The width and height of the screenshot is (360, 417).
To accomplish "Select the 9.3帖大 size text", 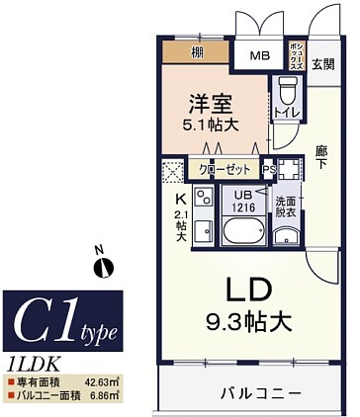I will click(246, 321).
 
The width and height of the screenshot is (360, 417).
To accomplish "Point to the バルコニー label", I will click(259, 393).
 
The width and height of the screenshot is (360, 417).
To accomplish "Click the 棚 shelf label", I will click(197, 51).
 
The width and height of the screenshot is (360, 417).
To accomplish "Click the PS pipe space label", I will click(268, 170).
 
